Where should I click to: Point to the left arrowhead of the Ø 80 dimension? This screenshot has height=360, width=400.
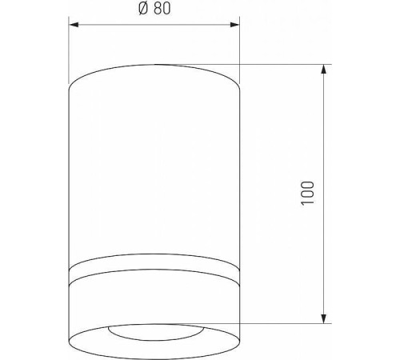(73, 26)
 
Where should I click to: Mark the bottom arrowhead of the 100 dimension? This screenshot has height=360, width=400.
(324, 318)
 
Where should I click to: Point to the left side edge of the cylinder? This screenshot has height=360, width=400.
(68, 176)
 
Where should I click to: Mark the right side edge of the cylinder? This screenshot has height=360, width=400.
(239, 176)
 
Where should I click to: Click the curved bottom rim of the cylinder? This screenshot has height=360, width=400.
(154, 351)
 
